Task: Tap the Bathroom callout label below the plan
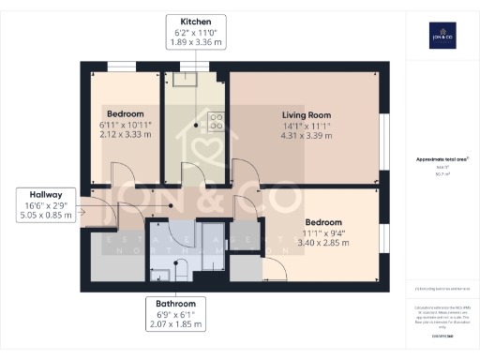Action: click(176, 314)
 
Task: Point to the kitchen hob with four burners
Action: click(215, 120)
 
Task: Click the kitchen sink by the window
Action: click(197, 79)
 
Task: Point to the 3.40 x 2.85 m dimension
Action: click(322, 243)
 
